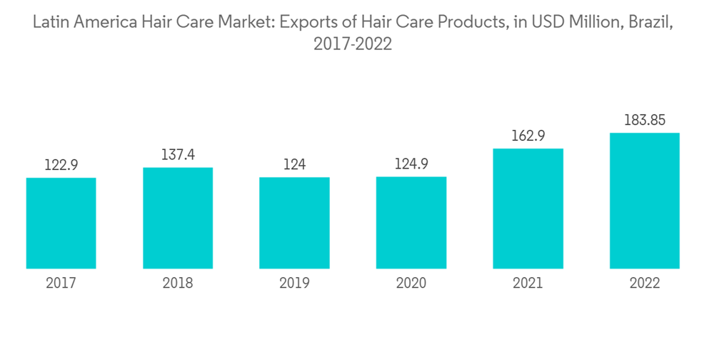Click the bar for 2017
(61, 223)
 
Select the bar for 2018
(178, 218)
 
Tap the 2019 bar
(294, 223)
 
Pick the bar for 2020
(411, 222)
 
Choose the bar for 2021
(528, 209)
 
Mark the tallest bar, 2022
(644, 201)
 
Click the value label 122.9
(61, 165)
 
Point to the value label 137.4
(178, 155)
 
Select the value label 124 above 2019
(294, 164)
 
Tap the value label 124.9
(411, 164)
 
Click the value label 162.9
(528, 136)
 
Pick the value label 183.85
(644, 120)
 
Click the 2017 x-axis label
(61, 284)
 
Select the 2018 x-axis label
(178, 284)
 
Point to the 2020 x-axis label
(411, 284)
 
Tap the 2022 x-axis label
(644, 284)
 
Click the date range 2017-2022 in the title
(353, 44)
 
